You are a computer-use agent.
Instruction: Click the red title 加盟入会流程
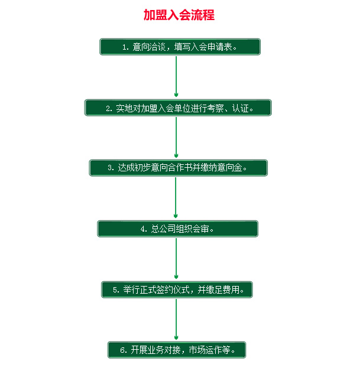[x=179, y=15]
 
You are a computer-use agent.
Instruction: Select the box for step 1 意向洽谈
[x=180, y=47]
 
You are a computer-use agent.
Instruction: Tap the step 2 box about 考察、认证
[x=178, y=108]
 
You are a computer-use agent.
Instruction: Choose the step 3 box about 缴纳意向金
[x=179, y=168]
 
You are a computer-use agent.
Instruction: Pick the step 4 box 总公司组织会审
[x=178, y=229]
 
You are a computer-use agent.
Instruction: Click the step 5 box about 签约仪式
[x=177, y=290]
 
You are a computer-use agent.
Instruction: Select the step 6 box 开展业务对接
[x=177, y=350]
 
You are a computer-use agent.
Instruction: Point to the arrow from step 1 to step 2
[x=176, y=76]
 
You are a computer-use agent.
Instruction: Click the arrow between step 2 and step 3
[x=176, y=138]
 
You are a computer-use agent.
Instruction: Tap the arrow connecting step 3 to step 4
[x=176, y=198]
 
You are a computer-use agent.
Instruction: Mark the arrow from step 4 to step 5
[x=176, y=259]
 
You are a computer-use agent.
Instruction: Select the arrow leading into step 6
[x=176, y=320]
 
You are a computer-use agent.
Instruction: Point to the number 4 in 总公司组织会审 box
[x=142, y=229]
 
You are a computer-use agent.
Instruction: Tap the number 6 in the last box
[x=122, y=350]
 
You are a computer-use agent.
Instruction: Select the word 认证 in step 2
[x=241, y=108]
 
